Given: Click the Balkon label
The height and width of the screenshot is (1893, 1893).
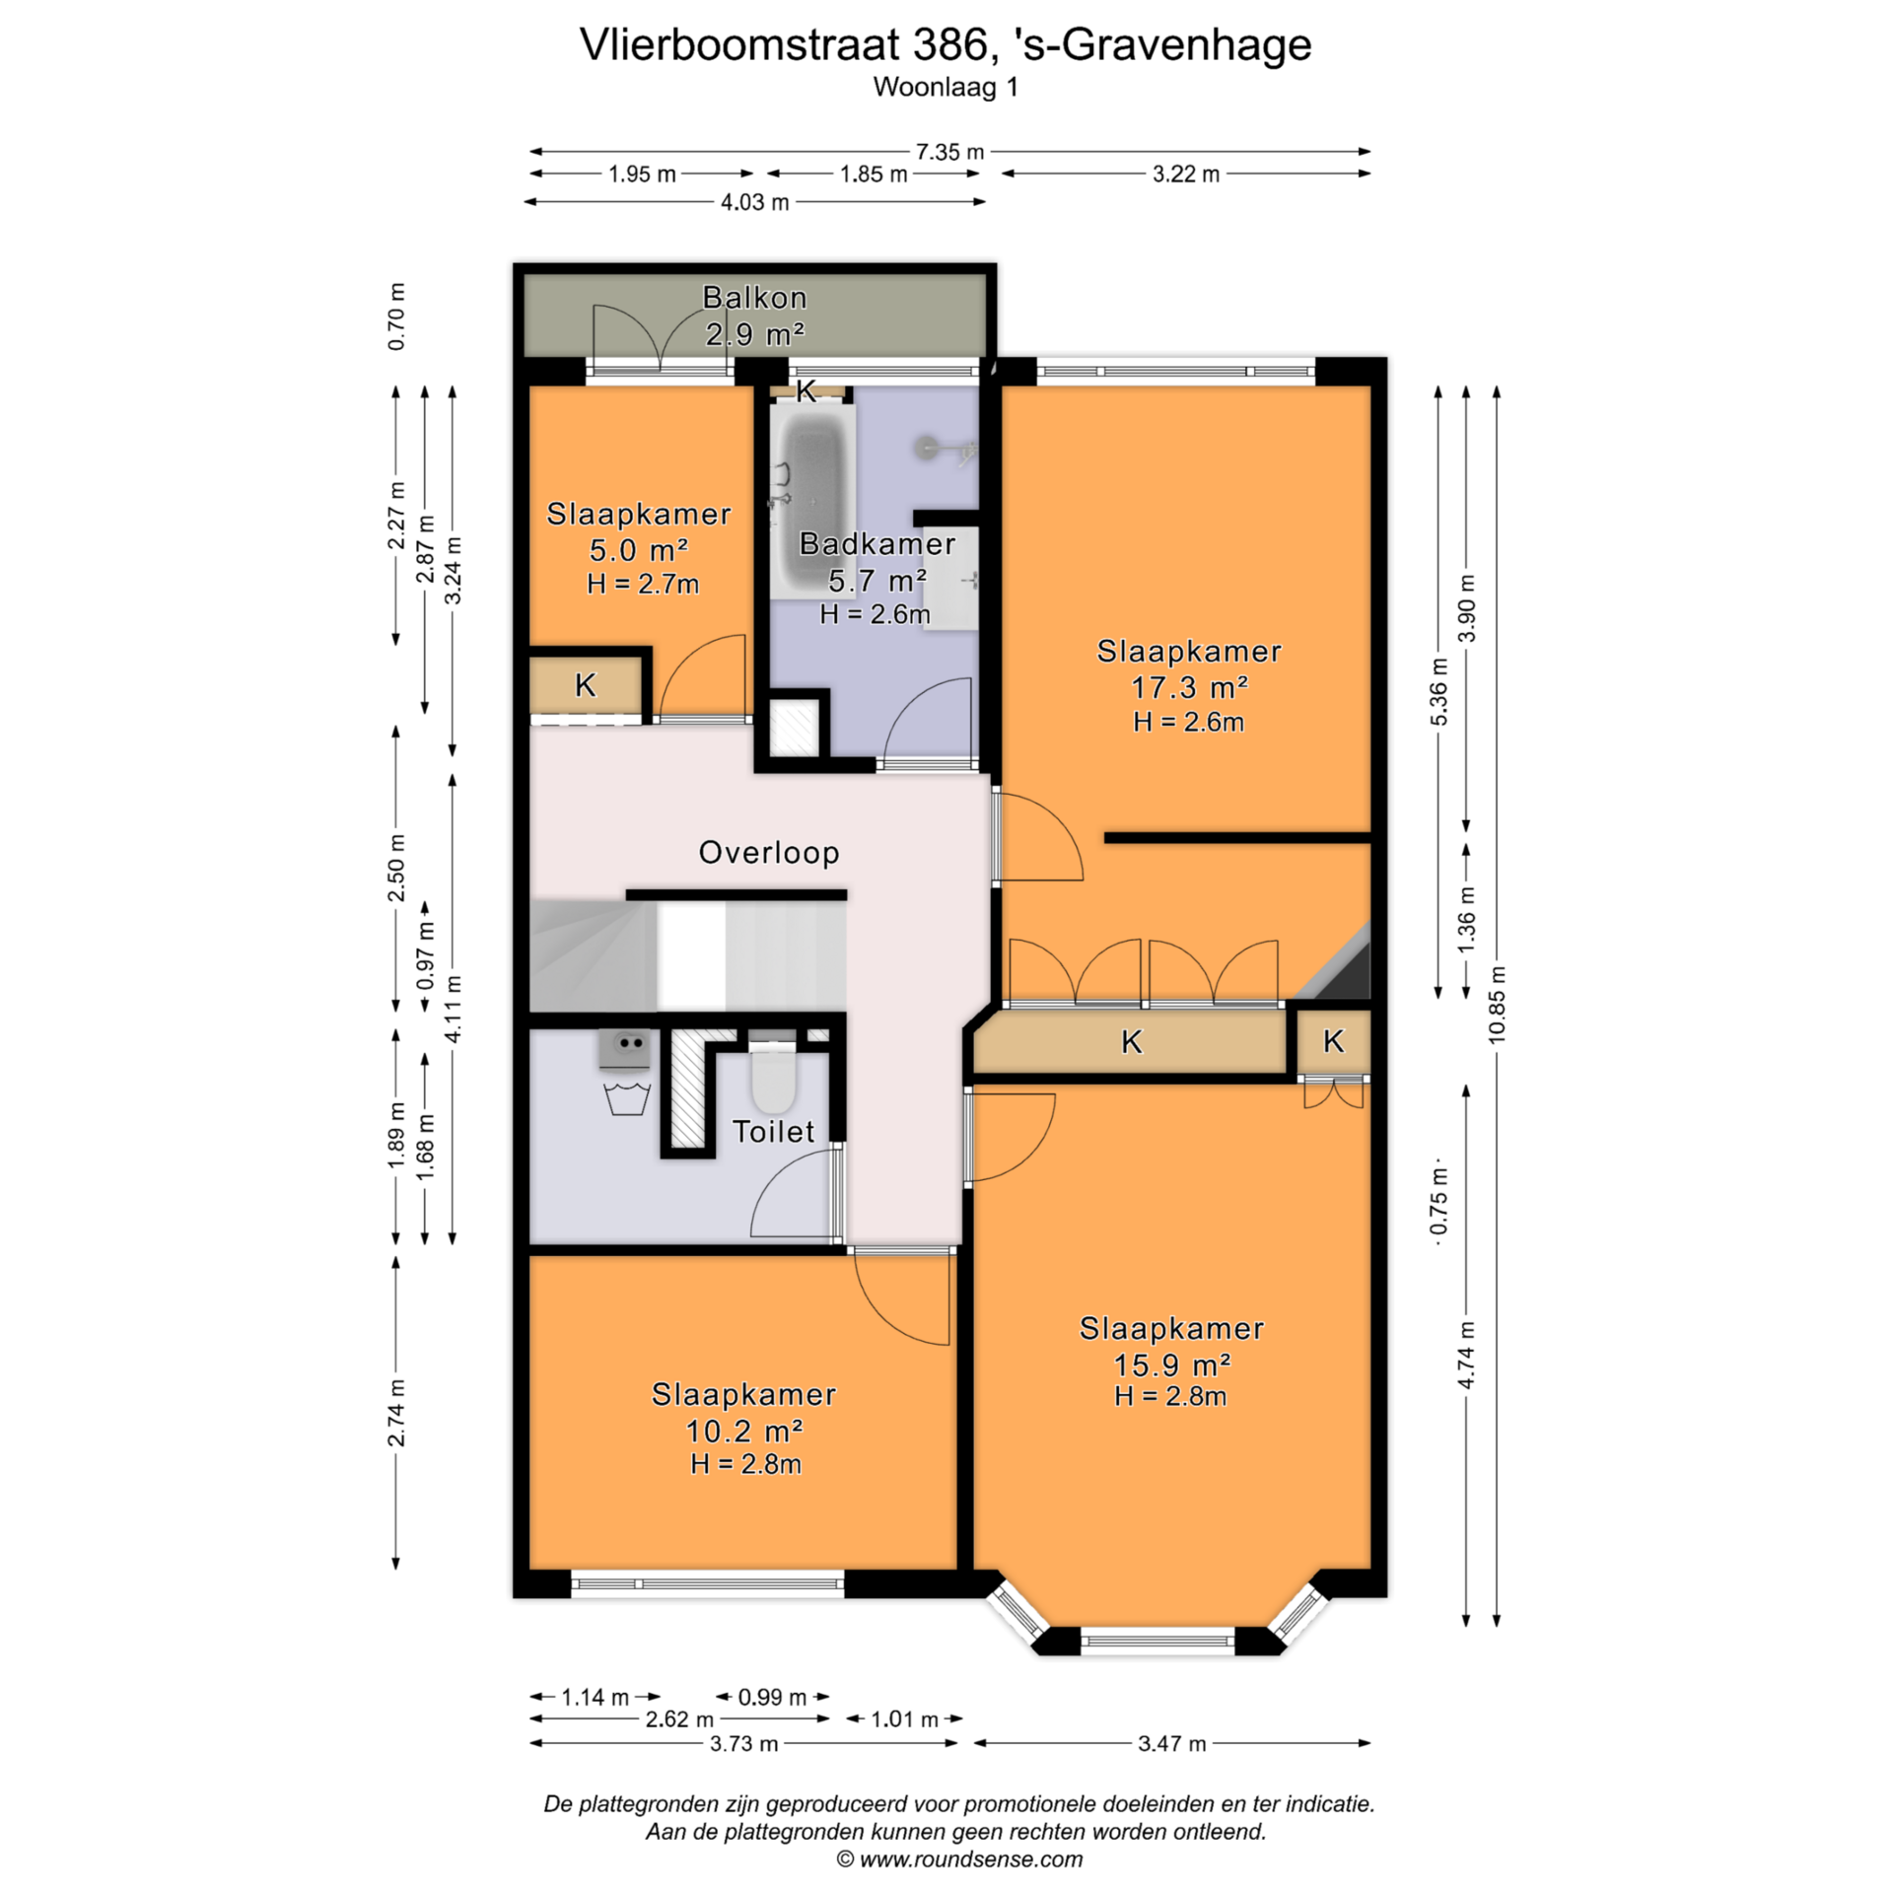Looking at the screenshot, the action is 754,297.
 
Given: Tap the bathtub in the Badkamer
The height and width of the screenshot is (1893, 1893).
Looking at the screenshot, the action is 814,504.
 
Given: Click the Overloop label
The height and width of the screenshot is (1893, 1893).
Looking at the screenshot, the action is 769,852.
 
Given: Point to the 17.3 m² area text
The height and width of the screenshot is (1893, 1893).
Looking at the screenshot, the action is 1189,686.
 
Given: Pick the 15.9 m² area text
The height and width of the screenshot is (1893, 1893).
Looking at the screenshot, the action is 1171,1365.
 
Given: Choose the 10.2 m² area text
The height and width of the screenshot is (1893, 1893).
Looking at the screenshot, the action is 744,1431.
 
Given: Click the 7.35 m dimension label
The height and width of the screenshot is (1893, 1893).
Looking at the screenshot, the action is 949,152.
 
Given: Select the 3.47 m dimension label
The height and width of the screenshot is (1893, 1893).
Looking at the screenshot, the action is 1171,1743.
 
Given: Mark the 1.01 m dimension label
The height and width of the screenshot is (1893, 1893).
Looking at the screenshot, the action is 904,1719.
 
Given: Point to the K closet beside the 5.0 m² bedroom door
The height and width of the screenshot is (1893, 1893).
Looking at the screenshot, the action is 586,685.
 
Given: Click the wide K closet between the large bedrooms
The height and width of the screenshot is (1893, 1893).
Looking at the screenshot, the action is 1131,1041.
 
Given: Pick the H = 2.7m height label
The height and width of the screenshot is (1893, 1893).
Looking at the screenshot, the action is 643,584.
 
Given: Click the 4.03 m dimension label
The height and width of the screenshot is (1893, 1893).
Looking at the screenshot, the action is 754,202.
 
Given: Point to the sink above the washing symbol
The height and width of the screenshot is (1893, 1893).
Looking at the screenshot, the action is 624,1049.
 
